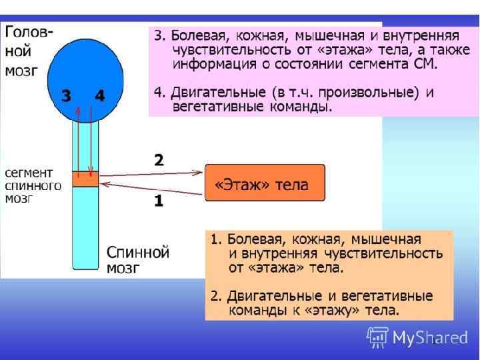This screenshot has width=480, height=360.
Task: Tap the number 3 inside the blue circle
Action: (66, 96)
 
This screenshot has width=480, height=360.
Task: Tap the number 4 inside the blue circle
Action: (99, 96)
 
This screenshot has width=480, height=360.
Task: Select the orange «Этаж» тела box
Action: (265, 183)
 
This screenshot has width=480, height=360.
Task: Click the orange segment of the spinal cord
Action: (85, 179)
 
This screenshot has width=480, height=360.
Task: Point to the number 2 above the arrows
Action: (159, 160)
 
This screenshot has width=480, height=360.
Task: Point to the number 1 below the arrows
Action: (159, 201)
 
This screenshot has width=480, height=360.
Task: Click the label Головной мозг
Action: (30, 51)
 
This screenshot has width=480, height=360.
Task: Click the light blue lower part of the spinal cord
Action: (85, 227)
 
